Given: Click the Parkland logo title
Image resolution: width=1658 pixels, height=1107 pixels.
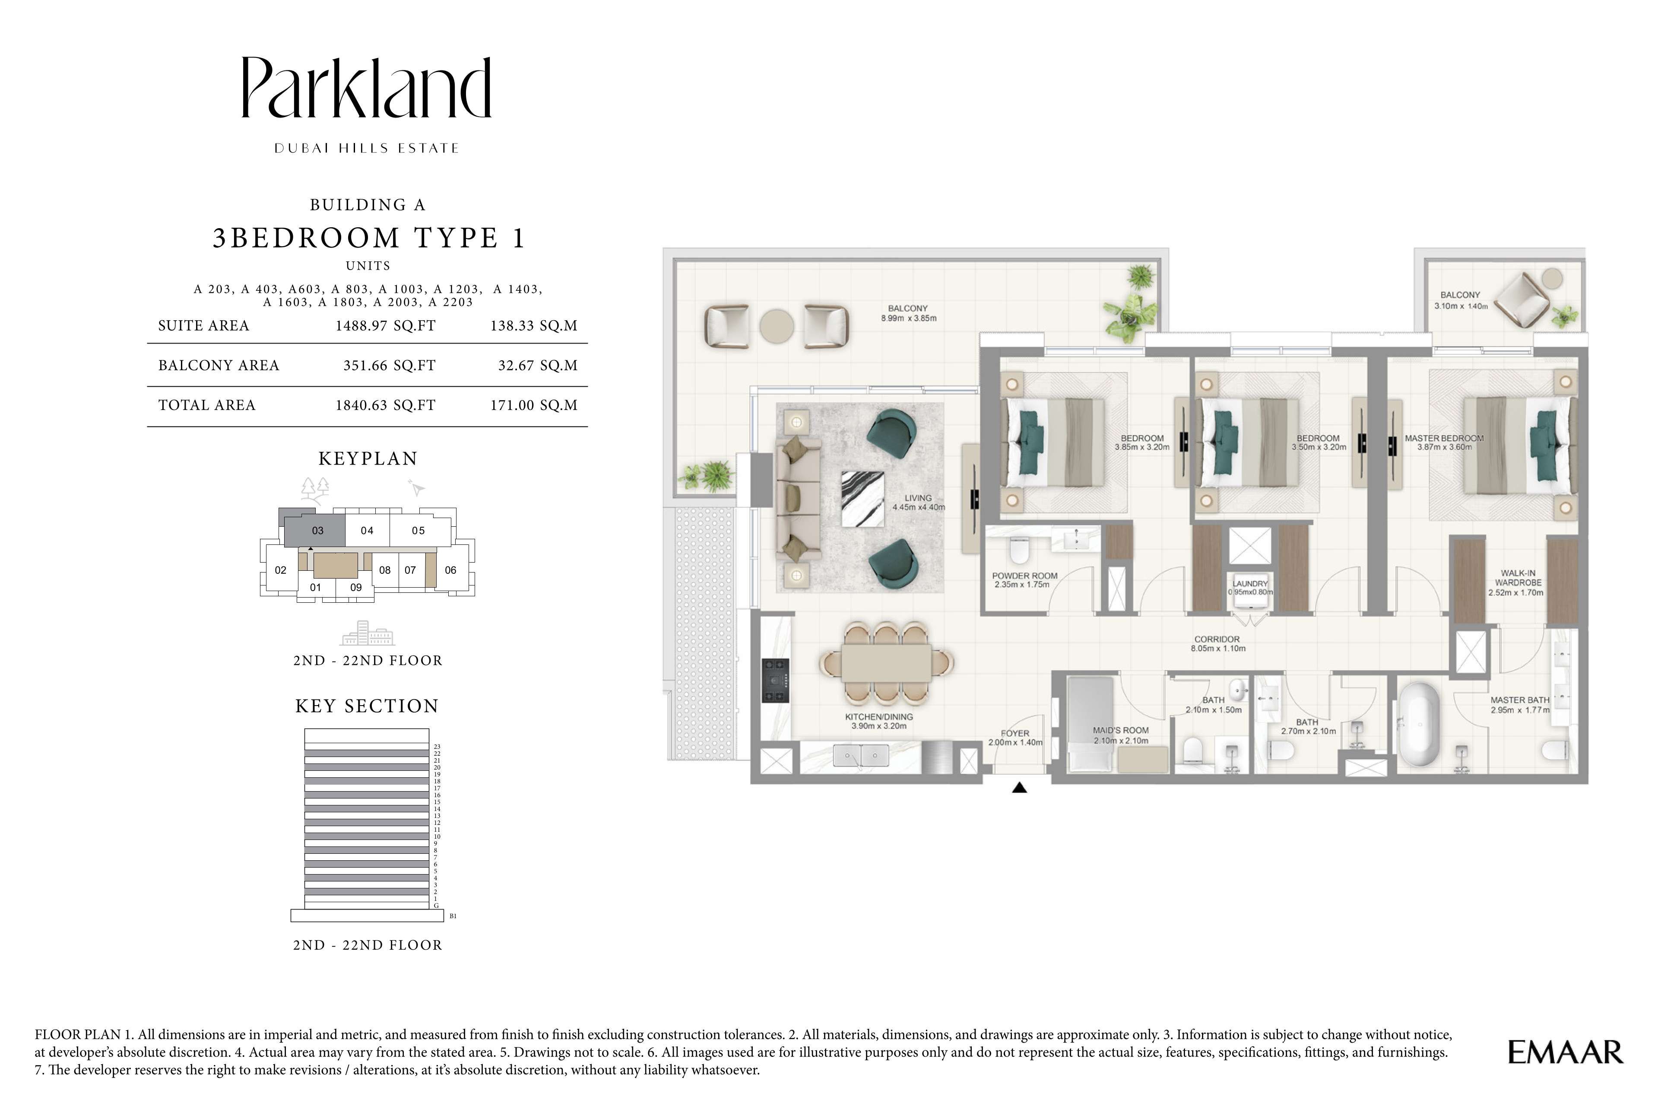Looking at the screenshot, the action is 366,88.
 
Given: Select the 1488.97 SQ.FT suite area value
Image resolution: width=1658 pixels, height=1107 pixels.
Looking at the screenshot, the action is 385,325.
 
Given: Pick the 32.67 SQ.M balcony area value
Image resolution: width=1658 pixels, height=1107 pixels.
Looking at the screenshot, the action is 538,365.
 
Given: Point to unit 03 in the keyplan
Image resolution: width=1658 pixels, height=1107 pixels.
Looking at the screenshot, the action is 317,530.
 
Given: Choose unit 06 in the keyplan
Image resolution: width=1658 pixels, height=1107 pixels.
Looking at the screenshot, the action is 450,570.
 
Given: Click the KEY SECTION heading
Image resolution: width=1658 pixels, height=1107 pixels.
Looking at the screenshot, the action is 367,706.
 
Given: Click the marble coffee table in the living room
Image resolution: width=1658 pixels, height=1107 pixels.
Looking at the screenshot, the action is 862,499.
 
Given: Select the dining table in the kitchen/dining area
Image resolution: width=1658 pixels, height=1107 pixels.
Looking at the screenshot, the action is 886,663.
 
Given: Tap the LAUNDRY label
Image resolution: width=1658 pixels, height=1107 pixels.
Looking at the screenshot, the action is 1250,584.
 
